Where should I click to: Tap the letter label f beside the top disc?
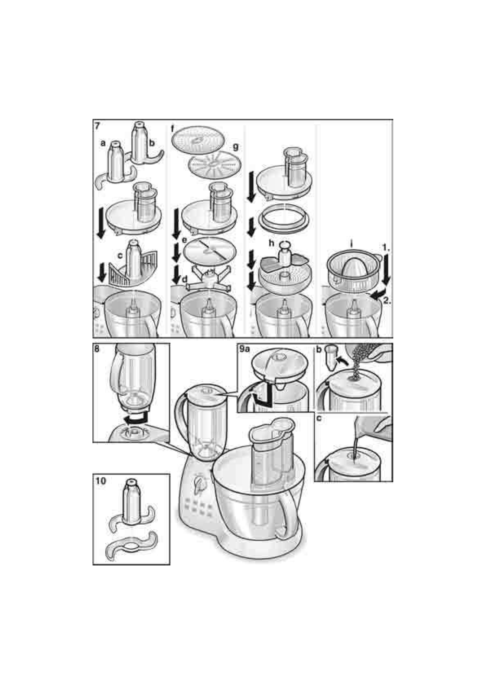click(x=173, y=129)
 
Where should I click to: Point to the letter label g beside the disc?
click(x=235, y=147)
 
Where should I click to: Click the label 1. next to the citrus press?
click(x=386, y=247)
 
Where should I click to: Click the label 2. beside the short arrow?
click(x=387, y=301)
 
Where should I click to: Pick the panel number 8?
click(x=97, y=349)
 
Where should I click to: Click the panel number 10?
click(x=100, y=481)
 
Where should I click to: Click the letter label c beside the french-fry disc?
click(x=120, y=255)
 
